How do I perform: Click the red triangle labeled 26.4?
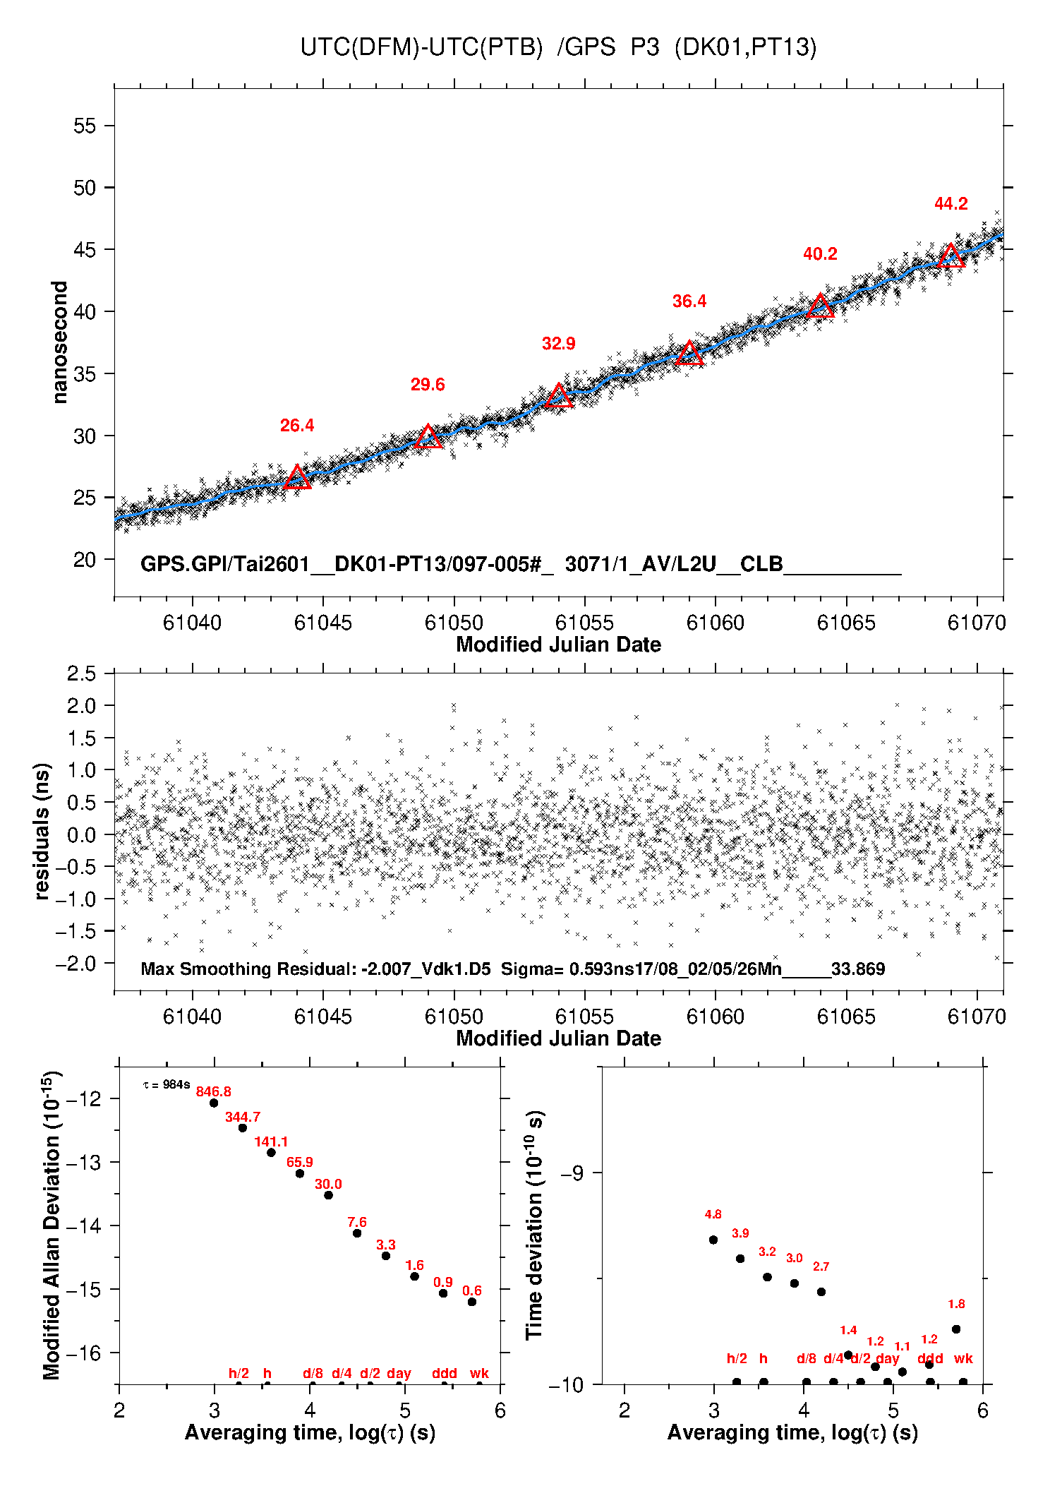pos(297,478)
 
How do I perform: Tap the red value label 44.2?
pos(951,204)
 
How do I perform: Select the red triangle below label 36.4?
pos(689,354)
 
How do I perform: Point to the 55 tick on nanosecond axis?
pos(84,126)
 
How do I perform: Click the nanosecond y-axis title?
pos(59,342)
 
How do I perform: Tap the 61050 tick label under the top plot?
pos(454,623)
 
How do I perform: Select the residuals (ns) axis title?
pos(42,831)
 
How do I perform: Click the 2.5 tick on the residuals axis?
pos(81,673)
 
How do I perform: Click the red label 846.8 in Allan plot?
pos(213,1091)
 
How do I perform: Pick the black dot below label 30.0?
pos(328,1195)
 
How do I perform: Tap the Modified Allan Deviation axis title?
pos(51,1225)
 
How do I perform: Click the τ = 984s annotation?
pos(167,1084)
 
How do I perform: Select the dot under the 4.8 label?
pos(713,1240)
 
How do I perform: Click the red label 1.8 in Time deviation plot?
pos(956,1304)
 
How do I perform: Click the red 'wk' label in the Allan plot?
pos(479,1373)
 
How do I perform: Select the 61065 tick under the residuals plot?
pos(846,1017)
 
